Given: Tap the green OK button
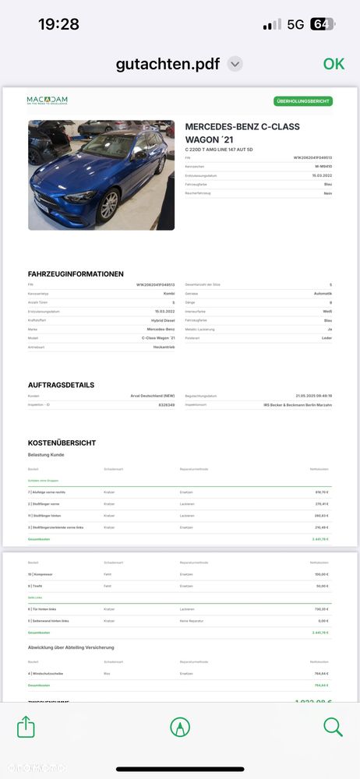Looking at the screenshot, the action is [334, 64].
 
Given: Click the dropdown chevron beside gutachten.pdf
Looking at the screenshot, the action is [235, 64].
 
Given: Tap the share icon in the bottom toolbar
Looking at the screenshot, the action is [26, 727].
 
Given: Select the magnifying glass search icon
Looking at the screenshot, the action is [333, 727].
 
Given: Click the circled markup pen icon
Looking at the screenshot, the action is [180, 727].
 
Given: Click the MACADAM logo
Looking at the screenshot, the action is [47, 100].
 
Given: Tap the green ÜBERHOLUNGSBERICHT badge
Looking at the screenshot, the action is [303, 101].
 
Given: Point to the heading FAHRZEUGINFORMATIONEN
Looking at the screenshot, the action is [76, 274].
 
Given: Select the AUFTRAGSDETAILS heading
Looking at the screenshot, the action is [61, 385].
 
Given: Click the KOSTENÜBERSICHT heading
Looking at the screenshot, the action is [62, 443].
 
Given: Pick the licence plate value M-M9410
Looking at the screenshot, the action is [323, 166].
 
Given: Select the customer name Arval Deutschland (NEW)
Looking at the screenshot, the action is [152, 396].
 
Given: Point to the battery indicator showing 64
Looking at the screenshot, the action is [322, 24].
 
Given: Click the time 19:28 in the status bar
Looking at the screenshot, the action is [58, 24].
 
